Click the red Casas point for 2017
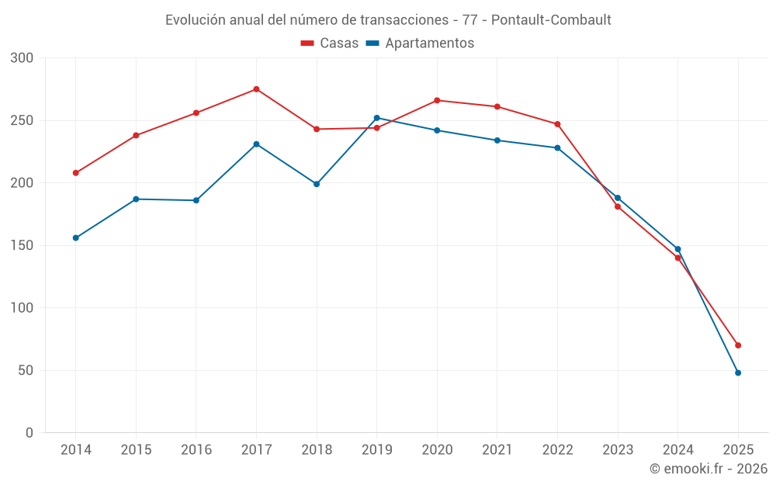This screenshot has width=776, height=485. coord(256,89)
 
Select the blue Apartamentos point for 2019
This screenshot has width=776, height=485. coord(377,118)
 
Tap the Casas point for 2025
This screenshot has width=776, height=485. coord(738,345)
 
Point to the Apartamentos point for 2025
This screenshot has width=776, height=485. coord(738,372)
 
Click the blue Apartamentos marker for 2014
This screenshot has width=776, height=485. coord(76,237)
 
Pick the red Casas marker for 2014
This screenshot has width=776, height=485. coord(76,173)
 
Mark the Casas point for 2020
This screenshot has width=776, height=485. coord(437,100)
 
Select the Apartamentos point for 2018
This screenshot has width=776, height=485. coord(317,184)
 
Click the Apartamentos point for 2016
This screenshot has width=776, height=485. coord(196,200)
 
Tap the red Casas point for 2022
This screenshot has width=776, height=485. coord(557,124)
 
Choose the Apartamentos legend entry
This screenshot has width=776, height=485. coord(420,43)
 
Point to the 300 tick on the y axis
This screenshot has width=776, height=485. coord(23,58)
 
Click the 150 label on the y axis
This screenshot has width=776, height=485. coord(23,245)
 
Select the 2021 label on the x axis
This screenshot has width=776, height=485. coord(497,450)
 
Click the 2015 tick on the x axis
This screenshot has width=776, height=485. coord(136,450)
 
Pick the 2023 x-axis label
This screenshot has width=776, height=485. coord(618,450)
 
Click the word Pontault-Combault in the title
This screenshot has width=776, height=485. coord(559,19)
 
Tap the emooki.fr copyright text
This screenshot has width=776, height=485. coord(708,469)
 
